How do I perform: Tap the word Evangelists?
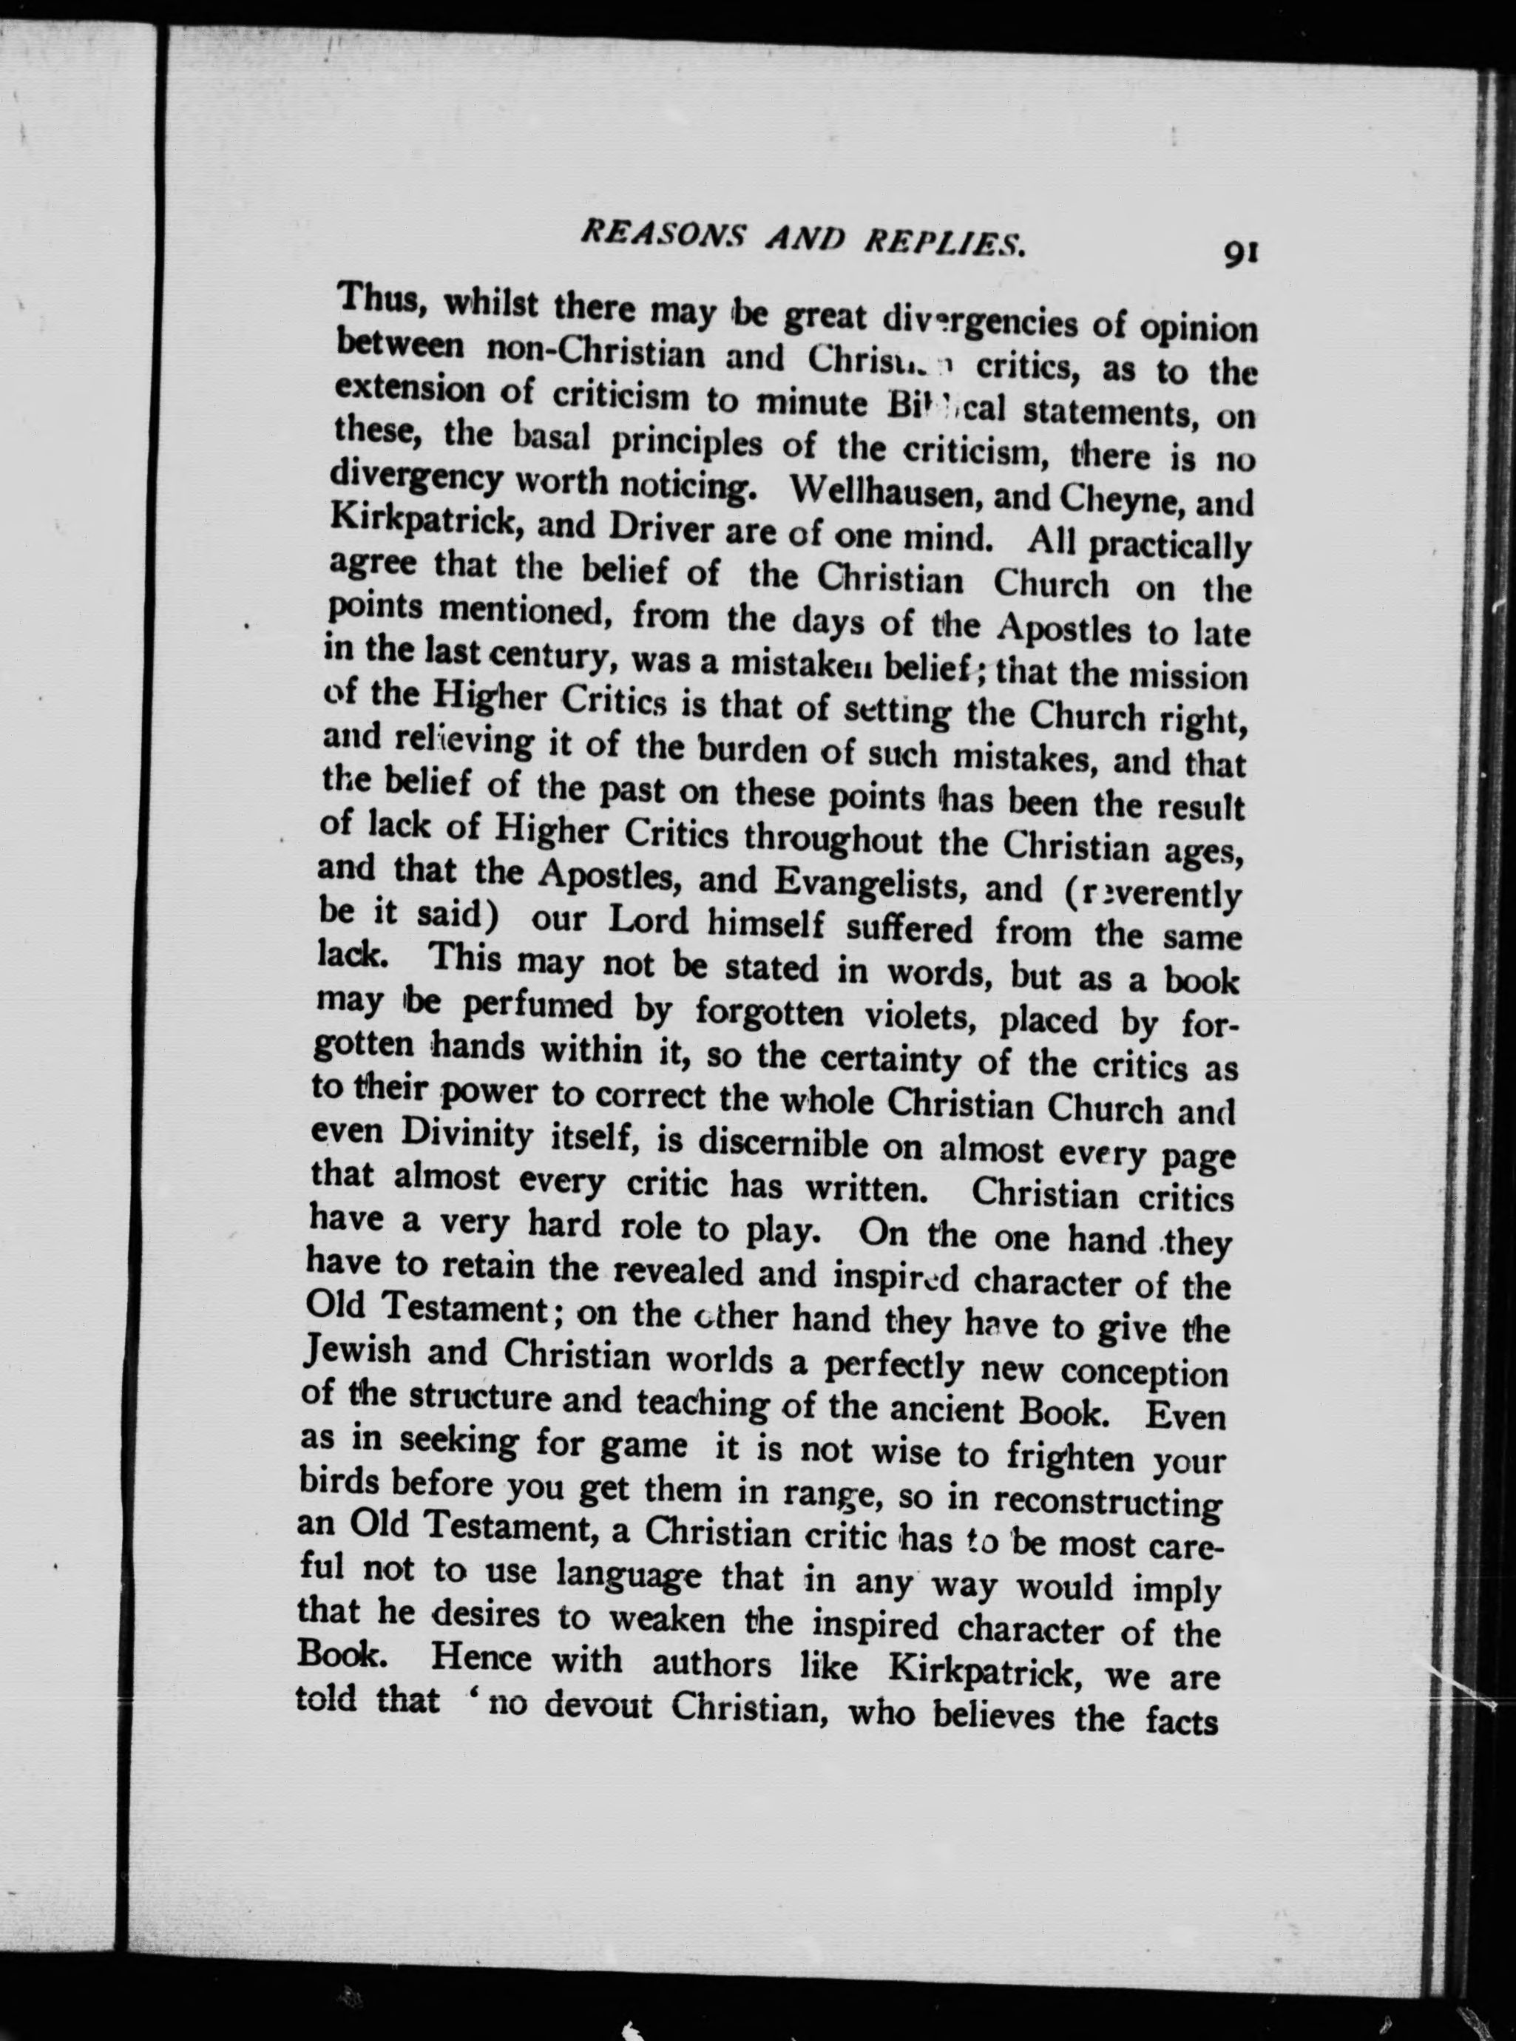pos(871,883)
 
